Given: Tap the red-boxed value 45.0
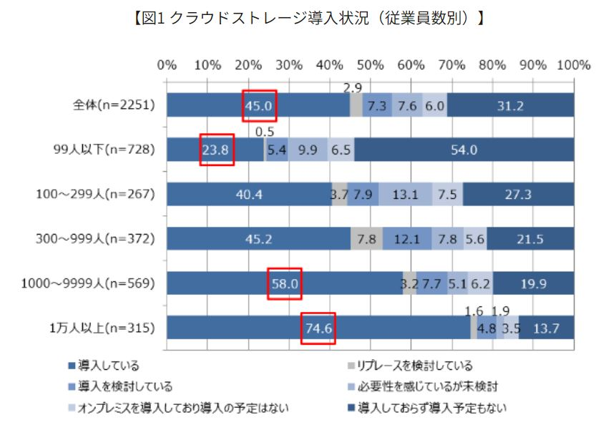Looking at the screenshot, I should pyautogui.click(x=259, y=106).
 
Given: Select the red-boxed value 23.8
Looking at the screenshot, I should pyautogui.click(x=217, y=150).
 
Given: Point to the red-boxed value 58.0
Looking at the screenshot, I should pyautogui.click(x=285, y=284).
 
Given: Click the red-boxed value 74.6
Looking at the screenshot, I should pyautogui.click(x=318, y=329).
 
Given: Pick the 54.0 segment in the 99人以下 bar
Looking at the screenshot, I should pyautogui.click(x=464, y=150).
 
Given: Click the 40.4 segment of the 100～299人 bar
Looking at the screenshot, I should pyautogui.click(x=249, y=195).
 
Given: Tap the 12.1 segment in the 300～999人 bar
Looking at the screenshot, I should pyautogui.click(x=406, y=240).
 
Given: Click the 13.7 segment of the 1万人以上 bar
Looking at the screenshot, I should pyautogui.click(x=546, y=329).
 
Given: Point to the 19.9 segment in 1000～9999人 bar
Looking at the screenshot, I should pyautogui.click(x=533, y=284).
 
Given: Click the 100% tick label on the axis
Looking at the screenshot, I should pyautogui.click(x=572, y=65).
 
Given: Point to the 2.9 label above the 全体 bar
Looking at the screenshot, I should pyautogui.click(x=353, y=88).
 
